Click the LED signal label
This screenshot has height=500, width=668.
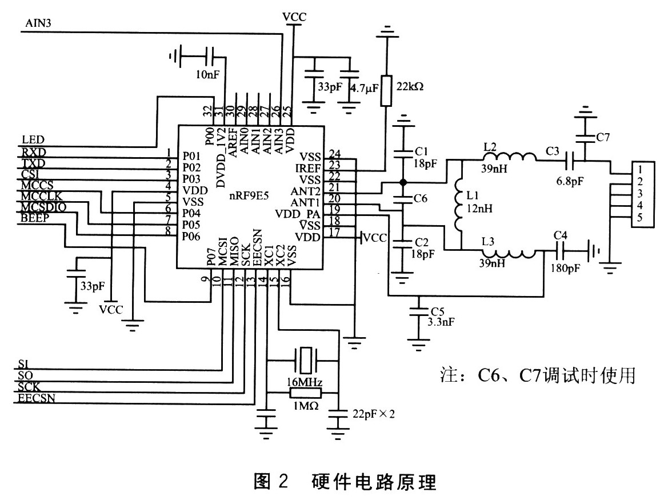click(33, 140)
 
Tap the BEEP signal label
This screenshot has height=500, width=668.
click(35, 218)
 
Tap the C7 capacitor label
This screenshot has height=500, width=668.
click(603, 137)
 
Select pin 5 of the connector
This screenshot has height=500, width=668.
click(641, 218)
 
